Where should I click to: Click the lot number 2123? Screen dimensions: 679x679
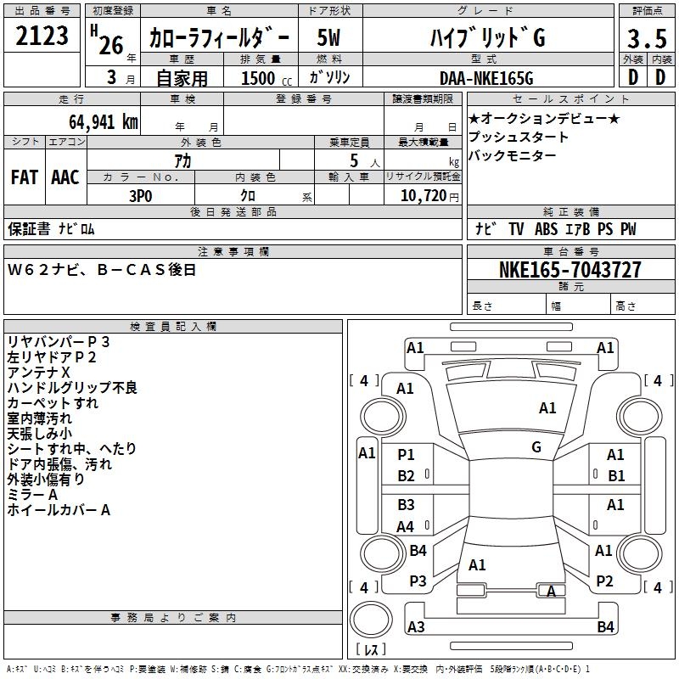pyautogui.click(x=42, y=36)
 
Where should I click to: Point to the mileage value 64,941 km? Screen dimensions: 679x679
pyautogui.click(x=94, y=121)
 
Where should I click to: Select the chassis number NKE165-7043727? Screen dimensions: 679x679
pyautogui.click(x=570, y=270)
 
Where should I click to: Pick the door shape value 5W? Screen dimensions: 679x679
pyautogui.click(x=328, y=37)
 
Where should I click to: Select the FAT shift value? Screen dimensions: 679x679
pyautogui.click(x=25, y=177)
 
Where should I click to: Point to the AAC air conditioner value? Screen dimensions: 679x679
pyautogui.click(x=65, y=177)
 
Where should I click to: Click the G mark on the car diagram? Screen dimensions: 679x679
pyautogui.click(x=536, y=446)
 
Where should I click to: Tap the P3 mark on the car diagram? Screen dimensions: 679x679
pyautogui.click(x=418, y=581)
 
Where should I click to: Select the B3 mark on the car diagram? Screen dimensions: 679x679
pyautogui.click(x=407, y=505)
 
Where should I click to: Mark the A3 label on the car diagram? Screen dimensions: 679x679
pyautogui.click(x=416, y=626)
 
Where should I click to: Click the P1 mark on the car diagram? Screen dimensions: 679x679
pyautogui.click(x=407, y=455)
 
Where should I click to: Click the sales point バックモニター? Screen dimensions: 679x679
pyautogui.click(x=513, y=155)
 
